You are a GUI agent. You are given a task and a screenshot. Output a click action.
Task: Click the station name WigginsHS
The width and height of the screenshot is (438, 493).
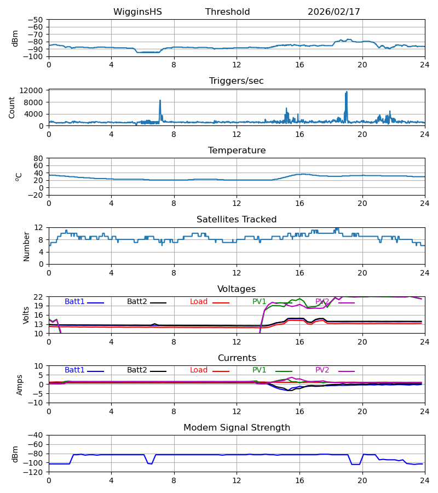pyautogui.click(x=137, y=12)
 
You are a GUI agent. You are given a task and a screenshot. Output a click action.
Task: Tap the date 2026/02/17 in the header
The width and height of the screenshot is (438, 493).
pyautogui.click(x=333, y=12)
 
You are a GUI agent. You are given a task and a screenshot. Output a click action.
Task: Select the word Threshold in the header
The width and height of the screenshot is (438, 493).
pyautogui.click(x=227, y=12)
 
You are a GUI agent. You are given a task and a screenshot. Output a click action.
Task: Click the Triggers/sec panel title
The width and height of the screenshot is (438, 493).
pyautogui.click(x=237, y=81)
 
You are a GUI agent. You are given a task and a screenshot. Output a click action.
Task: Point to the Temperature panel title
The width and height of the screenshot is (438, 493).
pyautogui.click(x=237, y=151)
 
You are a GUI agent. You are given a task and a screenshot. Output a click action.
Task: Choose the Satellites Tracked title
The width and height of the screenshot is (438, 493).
pyautogui.click(x=237, y=220)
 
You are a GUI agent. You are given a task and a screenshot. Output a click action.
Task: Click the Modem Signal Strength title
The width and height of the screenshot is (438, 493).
pyautogui.click(x=237, y=428)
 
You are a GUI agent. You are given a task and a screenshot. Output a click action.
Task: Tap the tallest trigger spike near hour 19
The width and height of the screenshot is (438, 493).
pyautogui.click(x=347, y=93)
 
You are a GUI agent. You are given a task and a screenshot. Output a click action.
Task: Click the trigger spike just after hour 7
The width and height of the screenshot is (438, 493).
pyautogui.click(x=160, y=101)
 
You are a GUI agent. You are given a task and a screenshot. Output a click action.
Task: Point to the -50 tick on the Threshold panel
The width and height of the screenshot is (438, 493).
pyautogui.click(x=38, y=20)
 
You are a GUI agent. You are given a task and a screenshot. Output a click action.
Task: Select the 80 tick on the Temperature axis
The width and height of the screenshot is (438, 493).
pyautogui.click(x=39, y=158)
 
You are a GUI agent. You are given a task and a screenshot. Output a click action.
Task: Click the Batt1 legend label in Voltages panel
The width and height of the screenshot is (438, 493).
pyautogui.click(x=74, y=302)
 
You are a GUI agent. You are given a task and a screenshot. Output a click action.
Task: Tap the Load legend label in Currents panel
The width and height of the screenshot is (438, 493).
pyautogui.click(x=199, y=370)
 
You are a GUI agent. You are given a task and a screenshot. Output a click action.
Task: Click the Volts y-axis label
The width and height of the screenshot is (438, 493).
pyautogui.click(x=26, y=315)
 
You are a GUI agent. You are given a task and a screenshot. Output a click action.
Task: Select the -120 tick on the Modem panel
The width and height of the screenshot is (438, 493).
pyautogui.click(x=36, y=472)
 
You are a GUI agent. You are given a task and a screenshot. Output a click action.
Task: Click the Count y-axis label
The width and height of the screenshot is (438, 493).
pyautogui.click(x=12, y=107)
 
